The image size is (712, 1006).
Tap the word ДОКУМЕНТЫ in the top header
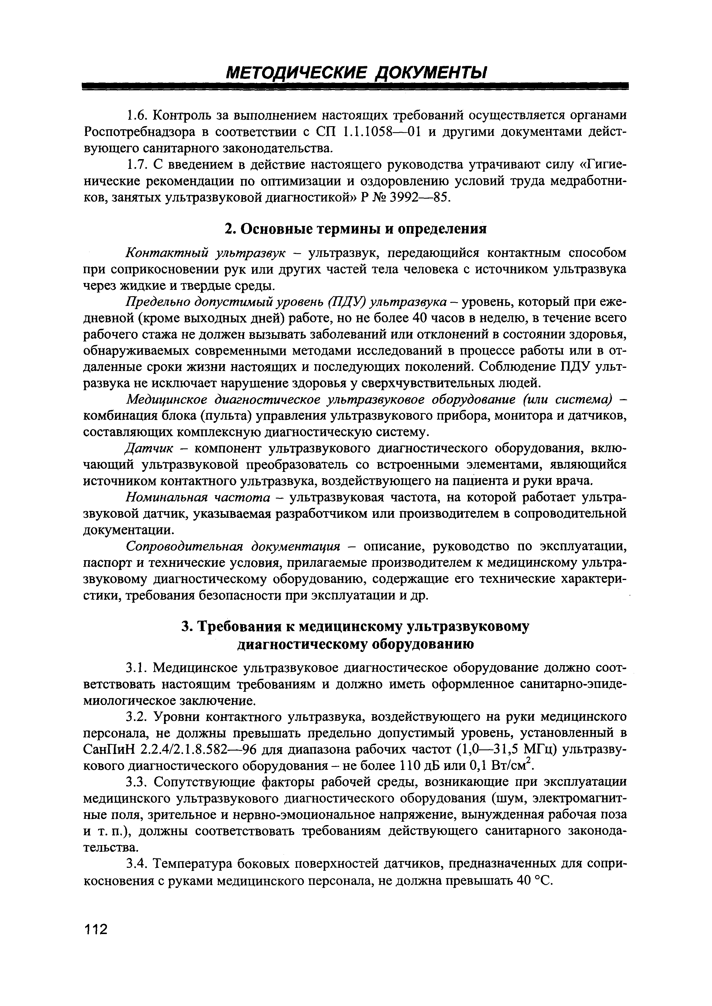click(x=432, y=72)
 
